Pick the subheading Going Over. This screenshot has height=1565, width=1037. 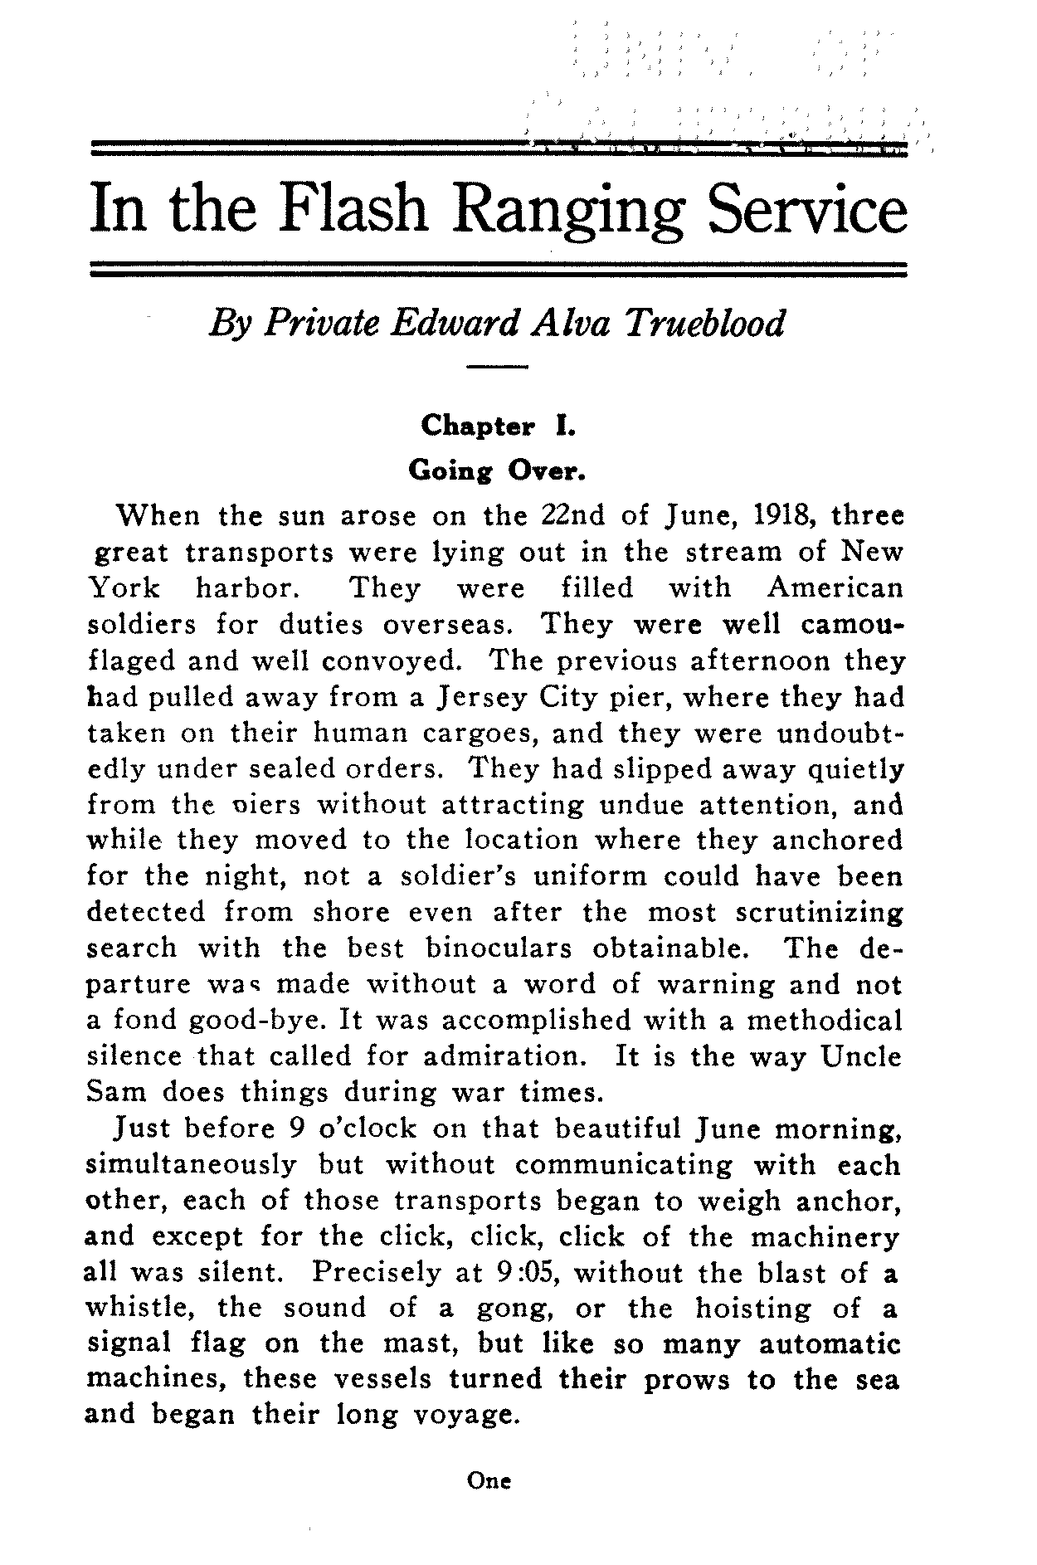coord(497,470)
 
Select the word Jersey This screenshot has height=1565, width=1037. coord(478,698)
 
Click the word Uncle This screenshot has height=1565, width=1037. coord(861,1056)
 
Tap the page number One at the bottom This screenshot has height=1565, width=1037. coord(489,1480)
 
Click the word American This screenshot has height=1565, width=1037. coord(835,588)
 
